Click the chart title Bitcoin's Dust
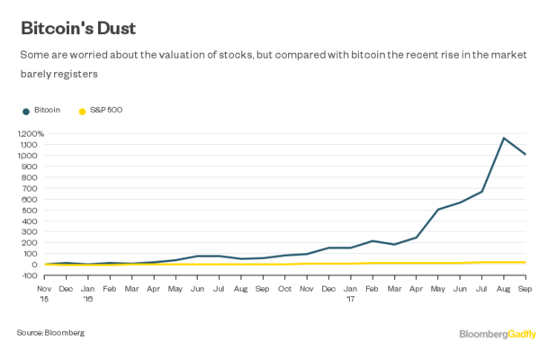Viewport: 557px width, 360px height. (x=79, y=27)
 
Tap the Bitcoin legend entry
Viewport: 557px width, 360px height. (x=47, y=110)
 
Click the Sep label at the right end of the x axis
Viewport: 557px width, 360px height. (x=526, y=288)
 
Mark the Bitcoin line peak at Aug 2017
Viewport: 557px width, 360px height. (x=503, y=139)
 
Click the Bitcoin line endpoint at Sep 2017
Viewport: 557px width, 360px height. (x=526, y=154)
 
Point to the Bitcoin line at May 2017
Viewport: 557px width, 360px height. (x=437, y=210)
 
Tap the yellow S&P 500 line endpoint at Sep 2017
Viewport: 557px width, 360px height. (x=526, y=262)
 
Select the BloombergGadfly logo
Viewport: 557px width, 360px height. (x=498, y=334)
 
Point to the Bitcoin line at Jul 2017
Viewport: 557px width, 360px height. (x=481, y=192)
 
